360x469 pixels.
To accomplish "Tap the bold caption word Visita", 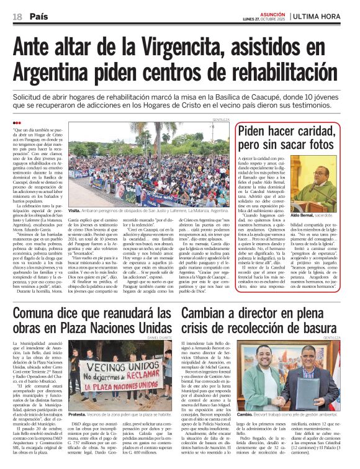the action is click(77, 210).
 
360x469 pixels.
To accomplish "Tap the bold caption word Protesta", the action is click(79, 413).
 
